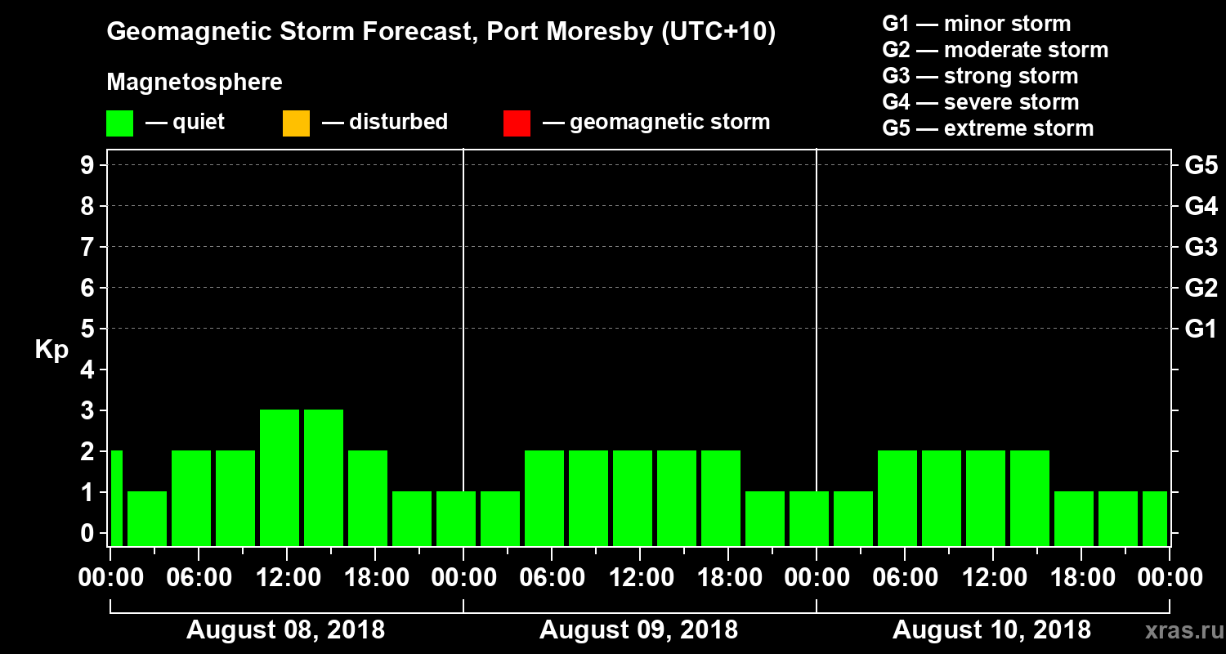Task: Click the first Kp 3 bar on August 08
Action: (280, 477)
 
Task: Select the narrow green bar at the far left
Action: (116, 498)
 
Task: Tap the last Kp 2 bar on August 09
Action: (721, 498)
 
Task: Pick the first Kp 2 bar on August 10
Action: (897, 498)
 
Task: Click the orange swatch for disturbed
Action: (296, 123)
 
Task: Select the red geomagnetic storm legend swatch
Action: (517, 123)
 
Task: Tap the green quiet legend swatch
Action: (120, 123)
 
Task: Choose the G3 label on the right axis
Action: (1201, 247)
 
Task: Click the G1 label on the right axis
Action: (1201, 329)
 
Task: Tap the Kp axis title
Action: (51, 350)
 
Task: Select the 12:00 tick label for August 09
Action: (640, 578)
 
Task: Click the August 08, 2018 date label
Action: (286, 630)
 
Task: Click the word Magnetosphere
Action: (195, 83)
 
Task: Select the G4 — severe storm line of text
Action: (980, 102)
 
